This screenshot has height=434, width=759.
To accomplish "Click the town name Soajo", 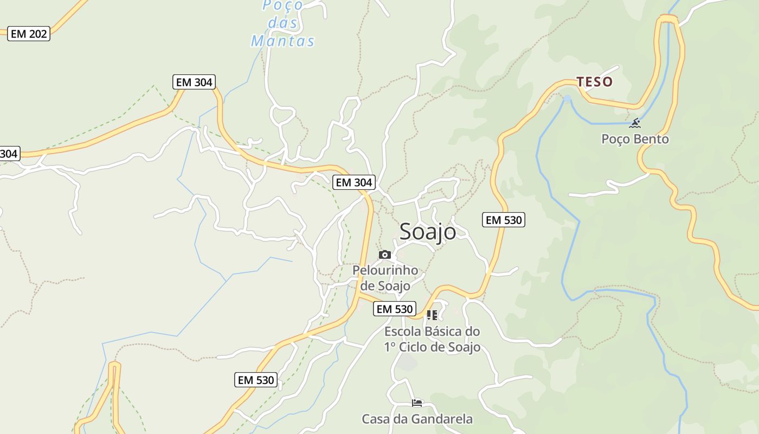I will (428, 232).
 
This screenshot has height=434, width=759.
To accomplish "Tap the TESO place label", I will (595, 82).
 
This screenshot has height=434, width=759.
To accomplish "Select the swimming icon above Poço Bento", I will (635, 123).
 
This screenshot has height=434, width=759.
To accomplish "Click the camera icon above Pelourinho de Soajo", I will (385, 254).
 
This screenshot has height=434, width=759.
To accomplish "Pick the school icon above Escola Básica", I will (432, 315).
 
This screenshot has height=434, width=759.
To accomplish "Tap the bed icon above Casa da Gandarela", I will (416, 403).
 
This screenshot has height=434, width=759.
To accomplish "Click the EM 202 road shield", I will (29, 34).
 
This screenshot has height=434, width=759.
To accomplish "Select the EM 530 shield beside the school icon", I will (395, 309).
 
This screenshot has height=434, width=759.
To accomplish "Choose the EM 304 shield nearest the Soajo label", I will (354, 182).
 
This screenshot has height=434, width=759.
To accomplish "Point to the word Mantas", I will (282, 41).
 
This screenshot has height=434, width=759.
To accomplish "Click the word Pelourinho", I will (385, 270).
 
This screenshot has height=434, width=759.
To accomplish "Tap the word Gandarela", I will (442, 419).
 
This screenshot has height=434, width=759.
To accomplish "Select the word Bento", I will (652, 139).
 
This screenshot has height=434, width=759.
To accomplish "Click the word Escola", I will (403, 331).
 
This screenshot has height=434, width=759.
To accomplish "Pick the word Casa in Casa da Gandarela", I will (375, 419).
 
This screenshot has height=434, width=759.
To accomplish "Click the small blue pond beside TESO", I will (567, 99).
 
